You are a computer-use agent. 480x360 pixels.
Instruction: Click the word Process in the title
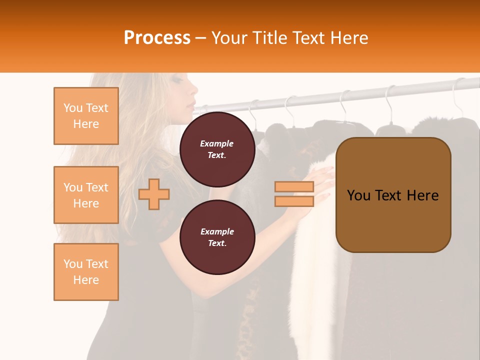[x=157, y=38]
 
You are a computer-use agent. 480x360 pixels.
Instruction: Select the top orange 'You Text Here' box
[x=86, y=116]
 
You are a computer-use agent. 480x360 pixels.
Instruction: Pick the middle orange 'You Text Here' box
[x=86, y=195]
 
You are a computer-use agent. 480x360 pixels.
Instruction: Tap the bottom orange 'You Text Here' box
[x=86, y=272]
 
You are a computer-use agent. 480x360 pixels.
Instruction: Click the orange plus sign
[x=154, y=194]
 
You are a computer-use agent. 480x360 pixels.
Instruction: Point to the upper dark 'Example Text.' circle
[x=217, y=149]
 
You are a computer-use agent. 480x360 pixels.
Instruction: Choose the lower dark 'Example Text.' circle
[x=217, y=237]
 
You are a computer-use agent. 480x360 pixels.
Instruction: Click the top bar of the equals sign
[x=294, y=187]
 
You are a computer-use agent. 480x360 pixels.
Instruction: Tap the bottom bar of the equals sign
[x=294, y=201]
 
